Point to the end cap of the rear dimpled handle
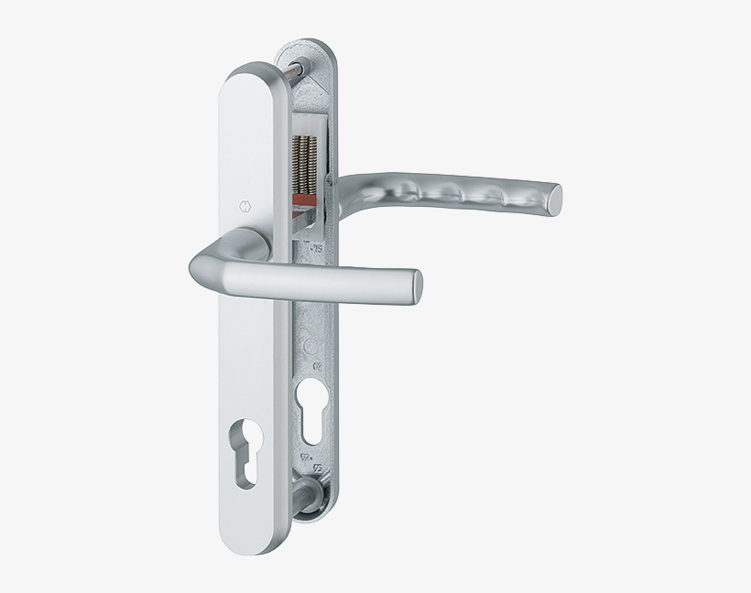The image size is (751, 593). coord(553,197)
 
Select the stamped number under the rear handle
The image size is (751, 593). coord(318,246)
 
